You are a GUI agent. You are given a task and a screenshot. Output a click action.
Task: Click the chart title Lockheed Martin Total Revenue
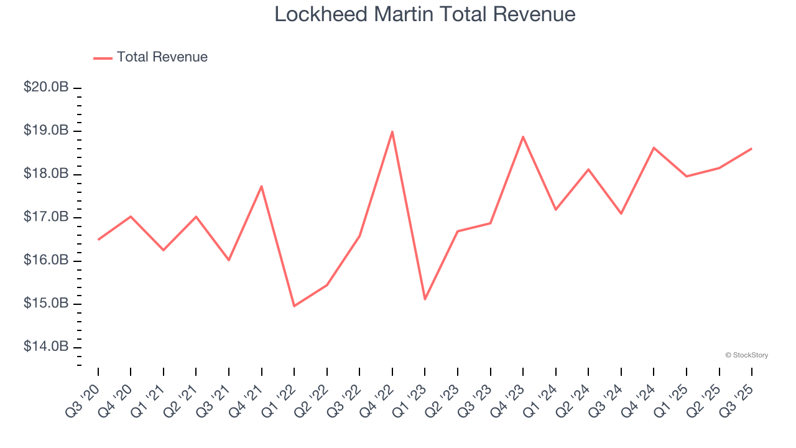[425, 14]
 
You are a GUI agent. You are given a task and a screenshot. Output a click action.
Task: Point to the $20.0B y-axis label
[46, 88]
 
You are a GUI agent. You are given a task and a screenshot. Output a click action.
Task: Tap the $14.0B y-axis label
[46, 347]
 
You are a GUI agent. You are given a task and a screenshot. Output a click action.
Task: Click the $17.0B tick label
[46, 217]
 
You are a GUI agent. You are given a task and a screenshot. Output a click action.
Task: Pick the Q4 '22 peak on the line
[392, 131]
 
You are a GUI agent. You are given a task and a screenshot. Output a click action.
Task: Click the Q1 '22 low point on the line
[294, 306]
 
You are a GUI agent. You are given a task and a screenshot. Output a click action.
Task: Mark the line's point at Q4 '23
[523, 136]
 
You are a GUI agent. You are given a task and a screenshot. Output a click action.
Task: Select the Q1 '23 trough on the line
[425, 299]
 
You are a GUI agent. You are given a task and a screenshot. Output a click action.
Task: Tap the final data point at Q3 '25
[751, 149]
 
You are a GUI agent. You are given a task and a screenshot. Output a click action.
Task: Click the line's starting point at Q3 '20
[98, 240]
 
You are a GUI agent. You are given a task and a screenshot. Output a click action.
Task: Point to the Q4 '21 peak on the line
[262, 186]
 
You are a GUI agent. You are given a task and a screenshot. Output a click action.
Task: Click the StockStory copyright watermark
[746, 355]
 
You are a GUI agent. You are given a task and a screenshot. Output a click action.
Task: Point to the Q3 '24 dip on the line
[621, 213]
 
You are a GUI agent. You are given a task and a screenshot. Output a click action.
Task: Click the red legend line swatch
[103, 58]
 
